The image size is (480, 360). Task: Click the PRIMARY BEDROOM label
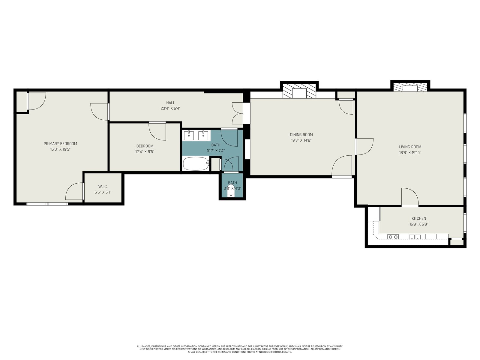coord(60,144)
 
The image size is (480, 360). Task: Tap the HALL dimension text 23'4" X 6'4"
coord(170,108)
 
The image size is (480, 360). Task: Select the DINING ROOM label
coord(301,135)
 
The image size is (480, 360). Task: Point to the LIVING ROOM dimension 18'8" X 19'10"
coord(410,153)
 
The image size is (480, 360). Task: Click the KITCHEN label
coord(419,218)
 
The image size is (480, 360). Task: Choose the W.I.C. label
coord(103,187)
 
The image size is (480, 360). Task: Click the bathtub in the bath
coord(196,164)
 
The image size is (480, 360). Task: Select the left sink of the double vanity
coord(189,135)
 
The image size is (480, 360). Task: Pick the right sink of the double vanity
coord(203,135)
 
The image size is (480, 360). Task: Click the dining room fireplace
coord(299,91)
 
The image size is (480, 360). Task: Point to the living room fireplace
coord(410,87)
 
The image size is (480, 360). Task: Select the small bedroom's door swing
coord(157,131)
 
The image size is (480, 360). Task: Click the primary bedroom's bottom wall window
coord(47,204)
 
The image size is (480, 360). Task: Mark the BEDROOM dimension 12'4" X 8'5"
coord(145,151)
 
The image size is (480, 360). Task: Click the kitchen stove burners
coord(393,237)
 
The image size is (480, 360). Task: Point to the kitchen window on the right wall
coord(465,223)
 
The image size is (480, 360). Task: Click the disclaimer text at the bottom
coord(240,349)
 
